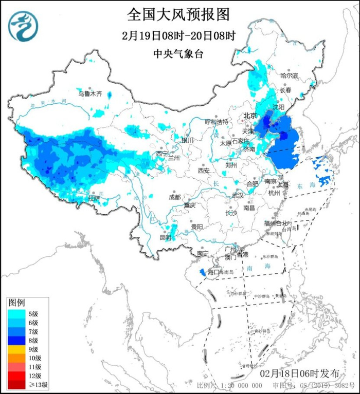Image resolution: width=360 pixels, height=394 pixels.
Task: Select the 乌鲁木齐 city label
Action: click(90, 93)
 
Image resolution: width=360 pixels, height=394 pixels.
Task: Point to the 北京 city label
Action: click(249, 116)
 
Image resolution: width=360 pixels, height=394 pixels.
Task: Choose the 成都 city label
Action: click(175, 197)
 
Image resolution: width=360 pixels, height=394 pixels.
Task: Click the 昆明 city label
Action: click(165, 237)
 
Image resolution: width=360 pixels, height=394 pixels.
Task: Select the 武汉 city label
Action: click(238, 195)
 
